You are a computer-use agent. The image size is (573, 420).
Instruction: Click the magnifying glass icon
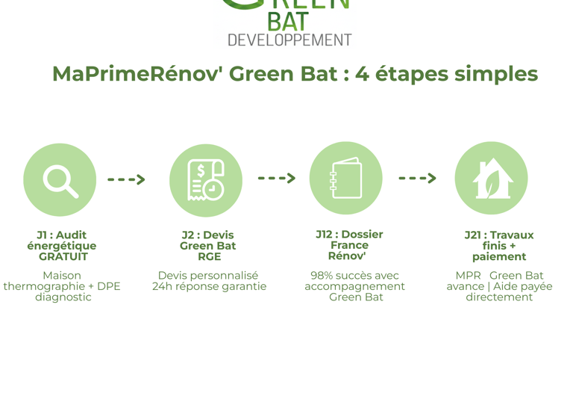pos(60,180)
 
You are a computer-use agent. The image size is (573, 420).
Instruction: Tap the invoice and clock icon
pos(205,180)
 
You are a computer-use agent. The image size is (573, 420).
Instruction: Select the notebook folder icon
pos(345,179)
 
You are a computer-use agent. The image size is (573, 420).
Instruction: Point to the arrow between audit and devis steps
pos(126,179)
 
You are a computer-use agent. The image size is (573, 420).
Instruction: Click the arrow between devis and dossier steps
pos(276,178)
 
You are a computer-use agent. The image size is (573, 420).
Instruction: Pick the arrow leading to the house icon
pos(417,178)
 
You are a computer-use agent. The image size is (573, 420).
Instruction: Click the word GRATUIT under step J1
pos(63,256)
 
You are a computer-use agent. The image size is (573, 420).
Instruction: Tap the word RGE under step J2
pos(209,256)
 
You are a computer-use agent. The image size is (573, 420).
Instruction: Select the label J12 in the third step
pos(327,235)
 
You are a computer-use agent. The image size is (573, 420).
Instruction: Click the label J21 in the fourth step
pos(474,235)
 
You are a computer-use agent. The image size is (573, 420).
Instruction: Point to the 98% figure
pos(322,276)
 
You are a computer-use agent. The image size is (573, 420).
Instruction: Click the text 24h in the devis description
pos(162,286)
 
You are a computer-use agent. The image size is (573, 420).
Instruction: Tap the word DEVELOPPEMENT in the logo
pos(289,40)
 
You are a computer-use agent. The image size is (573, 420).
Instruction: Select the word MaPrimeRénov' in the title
pos(137,74)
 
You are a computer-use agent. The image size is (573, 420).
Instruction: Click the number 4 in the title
pos(362,74)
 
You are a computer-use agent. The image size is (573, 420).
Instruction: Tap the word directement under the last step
pos(499,297)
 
